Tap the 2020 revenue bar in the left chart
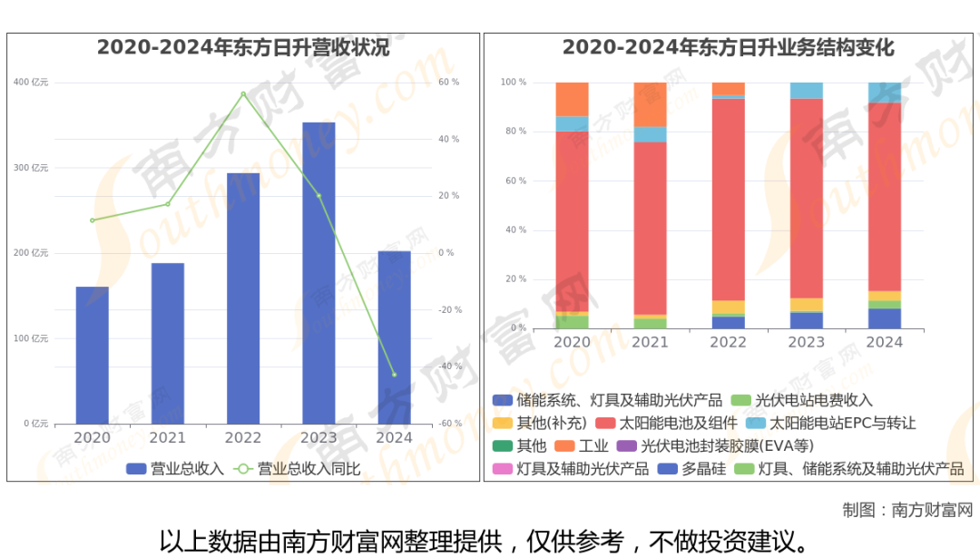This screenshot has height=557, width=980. tap(92, 355)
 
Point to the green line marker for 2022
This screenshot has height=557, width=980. tap(243, 93)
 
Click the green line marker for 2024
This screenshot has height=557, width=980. tap(395, 375)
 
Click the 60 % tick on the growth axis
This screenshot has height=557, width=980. tap(449, 83)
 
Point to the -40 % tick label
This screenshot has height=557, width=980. tap(449, 366)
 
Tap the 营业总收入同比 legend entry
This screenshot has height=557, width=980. tap(299, 469)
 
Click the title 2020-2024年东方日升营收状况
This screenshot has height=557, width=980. tap(243, 47)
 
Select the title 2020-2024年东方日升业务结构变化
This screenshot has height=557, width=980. tap(729, 47)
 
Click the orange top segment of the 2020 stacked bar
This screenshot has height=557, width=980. tap(572, 99)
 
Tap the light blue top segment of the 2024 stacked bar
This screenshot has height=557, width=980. tap(885, 93)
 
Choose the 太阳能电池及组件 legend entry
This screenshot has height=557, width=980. tap(666, 423)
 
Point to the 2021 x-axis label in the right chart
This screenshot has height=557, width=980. tap(650, 342)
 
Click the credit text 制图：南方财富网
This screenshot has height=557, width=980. tap(906, 510)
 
